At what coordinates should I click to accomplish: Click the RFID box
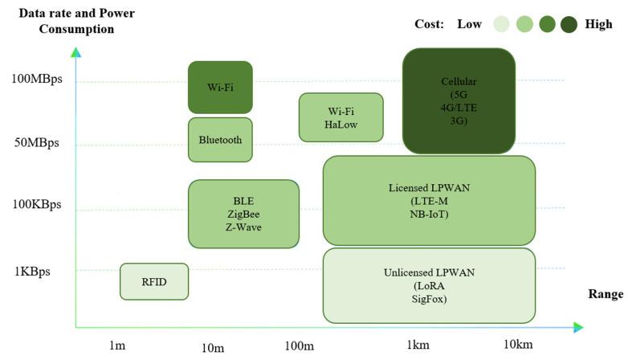coord(154,281)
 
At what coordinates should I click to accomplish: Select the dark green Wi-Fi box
coord(220,87)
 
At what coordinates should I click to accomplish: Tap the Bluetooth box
coord(220,140)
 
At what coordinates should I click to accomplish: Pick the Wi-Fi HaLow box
coord(341,117)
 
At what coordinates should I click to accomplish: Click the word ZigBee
coord(243,214)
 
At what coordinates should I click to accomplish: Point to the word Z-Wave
coord(243,227)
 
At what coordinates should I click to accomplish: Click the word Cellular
coord(459,82)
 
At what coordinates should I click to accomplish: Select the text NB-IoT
coord(429,215)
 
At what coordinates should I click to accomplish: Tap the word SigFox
coord(429,299)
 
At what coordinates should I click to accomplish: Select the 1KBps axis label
coord(32,271)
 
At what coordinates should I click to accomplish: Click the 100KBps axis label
coord(37,204)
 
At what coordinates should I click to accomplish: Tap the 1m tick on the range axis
coord(117,346)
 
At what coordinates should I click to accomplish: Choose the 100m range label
coord(299,346)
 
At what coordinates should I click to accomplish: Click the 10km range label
coord(518,345)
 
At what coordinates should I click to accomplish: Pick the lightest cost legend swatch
coord(501,24)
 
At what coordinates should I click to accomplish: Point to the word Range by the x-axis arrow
coord(605,295)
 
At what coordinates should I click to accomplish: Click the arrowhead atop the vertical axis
coord(75,53)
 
